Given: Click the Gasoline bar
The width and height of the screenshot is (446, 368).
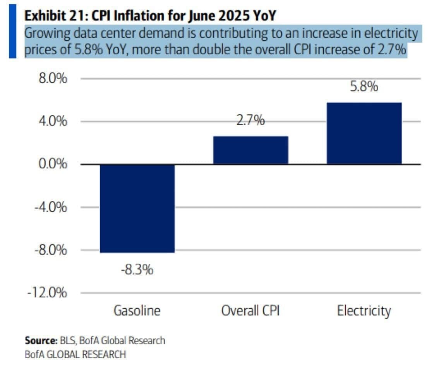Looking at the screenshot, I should pyautogui.click(x=137, y=209).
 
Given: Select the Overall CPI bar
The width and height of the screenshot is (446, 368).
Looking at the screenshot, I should pyautogui.click(x=250, y=150).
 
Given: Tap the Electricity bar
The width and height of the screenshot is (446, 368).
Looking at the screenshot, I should pyautogui.click(x=364, y=133).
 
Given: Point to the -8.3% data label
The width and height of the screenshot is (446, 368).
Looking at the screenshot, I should pyautogui.click(x=137, y=269).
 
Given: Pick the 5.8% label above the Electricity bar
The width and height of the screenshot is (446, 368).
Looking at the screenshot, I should pyautogui.click(x=364, y=87).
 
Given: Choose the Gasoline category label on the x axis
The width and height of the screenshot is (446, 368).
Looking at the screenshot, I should pyautogui.click(x=137, y=311).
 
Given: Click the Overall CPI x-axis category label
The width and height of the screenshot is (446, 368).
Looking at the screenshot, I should pyautogui.click(x=250, y=311).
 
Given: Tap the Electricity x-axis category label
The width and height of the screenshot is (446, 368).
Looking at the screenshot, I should pyautogui.click(x=364, y=311).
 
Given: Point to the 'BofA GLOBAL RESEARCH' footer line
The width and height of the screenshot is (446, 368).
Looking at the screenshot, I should pyautogui.click(x=75, y=354).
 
